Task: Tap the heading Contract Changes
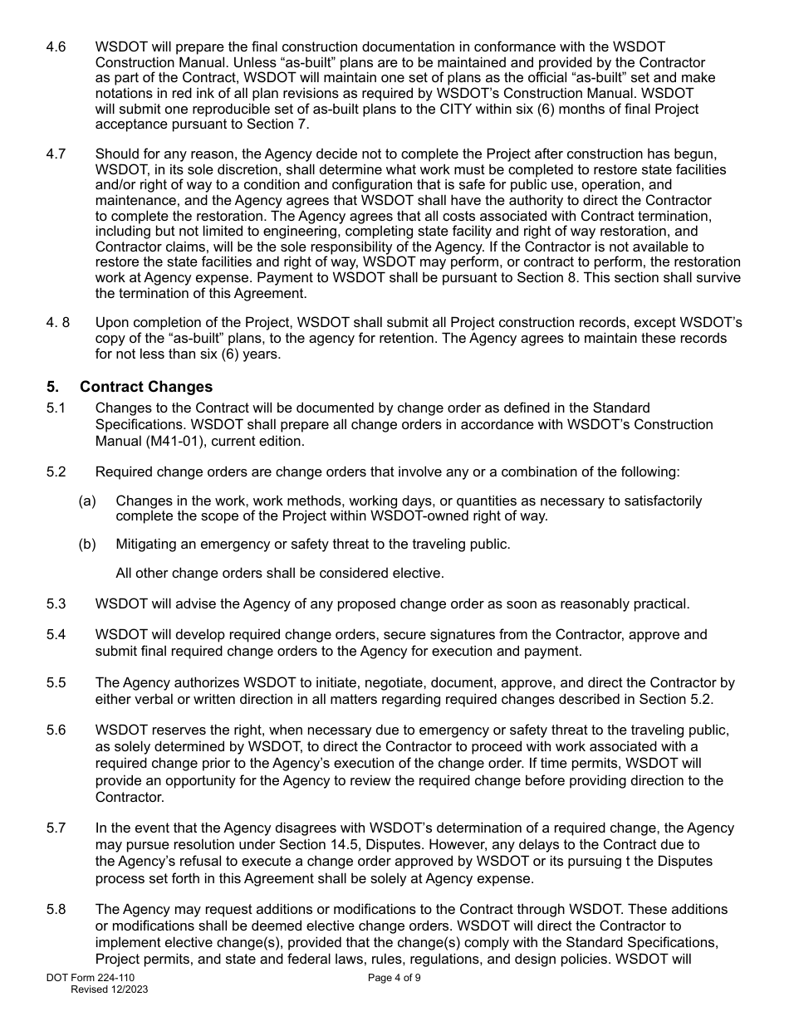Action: (146, 387)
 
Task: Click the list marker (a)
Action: (87, 501)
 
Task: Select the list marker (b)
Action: (87, 545)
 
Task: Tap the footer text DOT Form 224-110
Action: (91, 979)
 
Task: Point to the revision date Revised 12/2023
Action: (110, 990)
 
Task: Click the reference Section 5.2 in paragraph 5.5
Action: (674, 699)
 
